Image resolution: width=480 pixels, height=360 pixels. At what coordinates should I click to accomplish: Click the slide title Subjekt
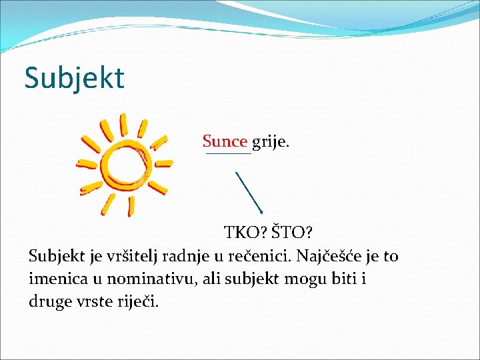[x=74, y=78]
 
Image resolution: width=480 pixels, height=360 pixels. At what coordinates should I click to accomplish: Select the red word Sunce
[x=225, y=141]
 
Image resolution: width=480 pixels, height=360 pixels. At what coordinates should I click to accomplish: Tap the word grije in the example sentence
[x=271, y=142]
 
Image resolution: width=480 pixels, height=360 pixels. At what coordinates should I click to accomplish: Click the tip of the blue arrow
[x=261, y=213]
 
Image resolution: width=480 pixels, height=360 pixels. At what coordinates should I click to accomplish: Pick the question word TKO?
[x=245, y=233]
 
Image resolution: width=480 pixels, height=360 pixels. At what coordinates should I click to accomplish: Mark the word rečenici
[x=257, y=256]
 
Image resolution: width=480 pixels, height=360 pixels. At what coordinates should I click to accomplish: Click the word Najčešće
[x=329, y=256]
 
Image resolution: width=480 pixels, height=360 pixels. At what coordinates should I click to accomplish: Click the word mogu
[x=299, y=279]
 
